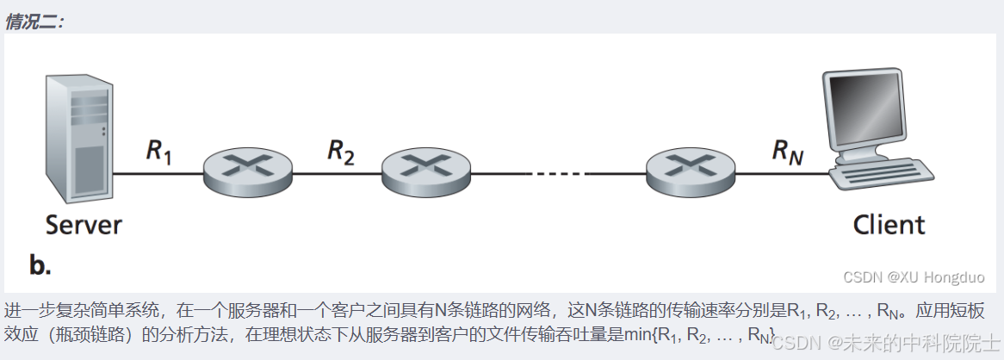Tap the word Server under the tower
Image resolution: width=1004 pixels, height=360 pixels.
click(x=84, y=226)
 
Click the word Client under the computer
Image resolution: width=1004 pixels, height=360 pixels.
click(x=889, y=226)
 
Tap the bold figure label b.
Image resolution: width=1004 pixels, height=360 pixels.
click(x=40, y=265)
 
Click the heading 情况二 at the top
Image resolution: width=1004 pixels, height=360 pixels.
click(x=34, y=22)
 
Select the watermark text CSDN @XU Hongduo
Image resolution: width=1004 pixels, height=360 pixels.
click(x=914, y=277)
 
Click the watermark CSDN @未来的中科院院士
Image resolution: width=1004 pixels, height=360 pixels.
click(x=887, y=343)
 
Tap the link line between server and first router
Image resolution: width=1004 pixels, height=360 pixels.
click(x=159, y=174)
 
